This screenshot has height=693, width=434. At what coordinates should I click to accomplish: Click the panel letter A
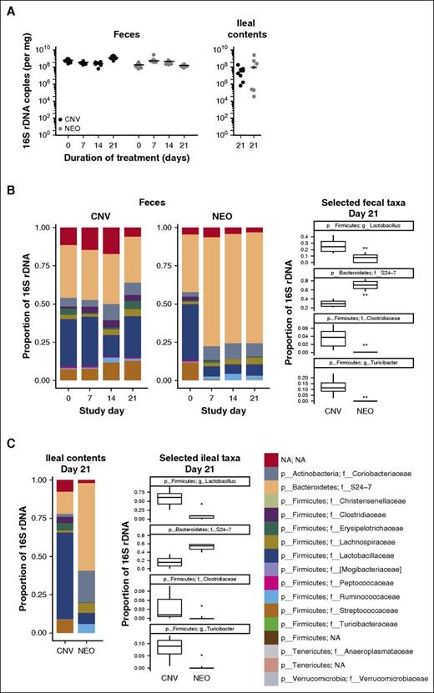(x=8, y=8)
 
